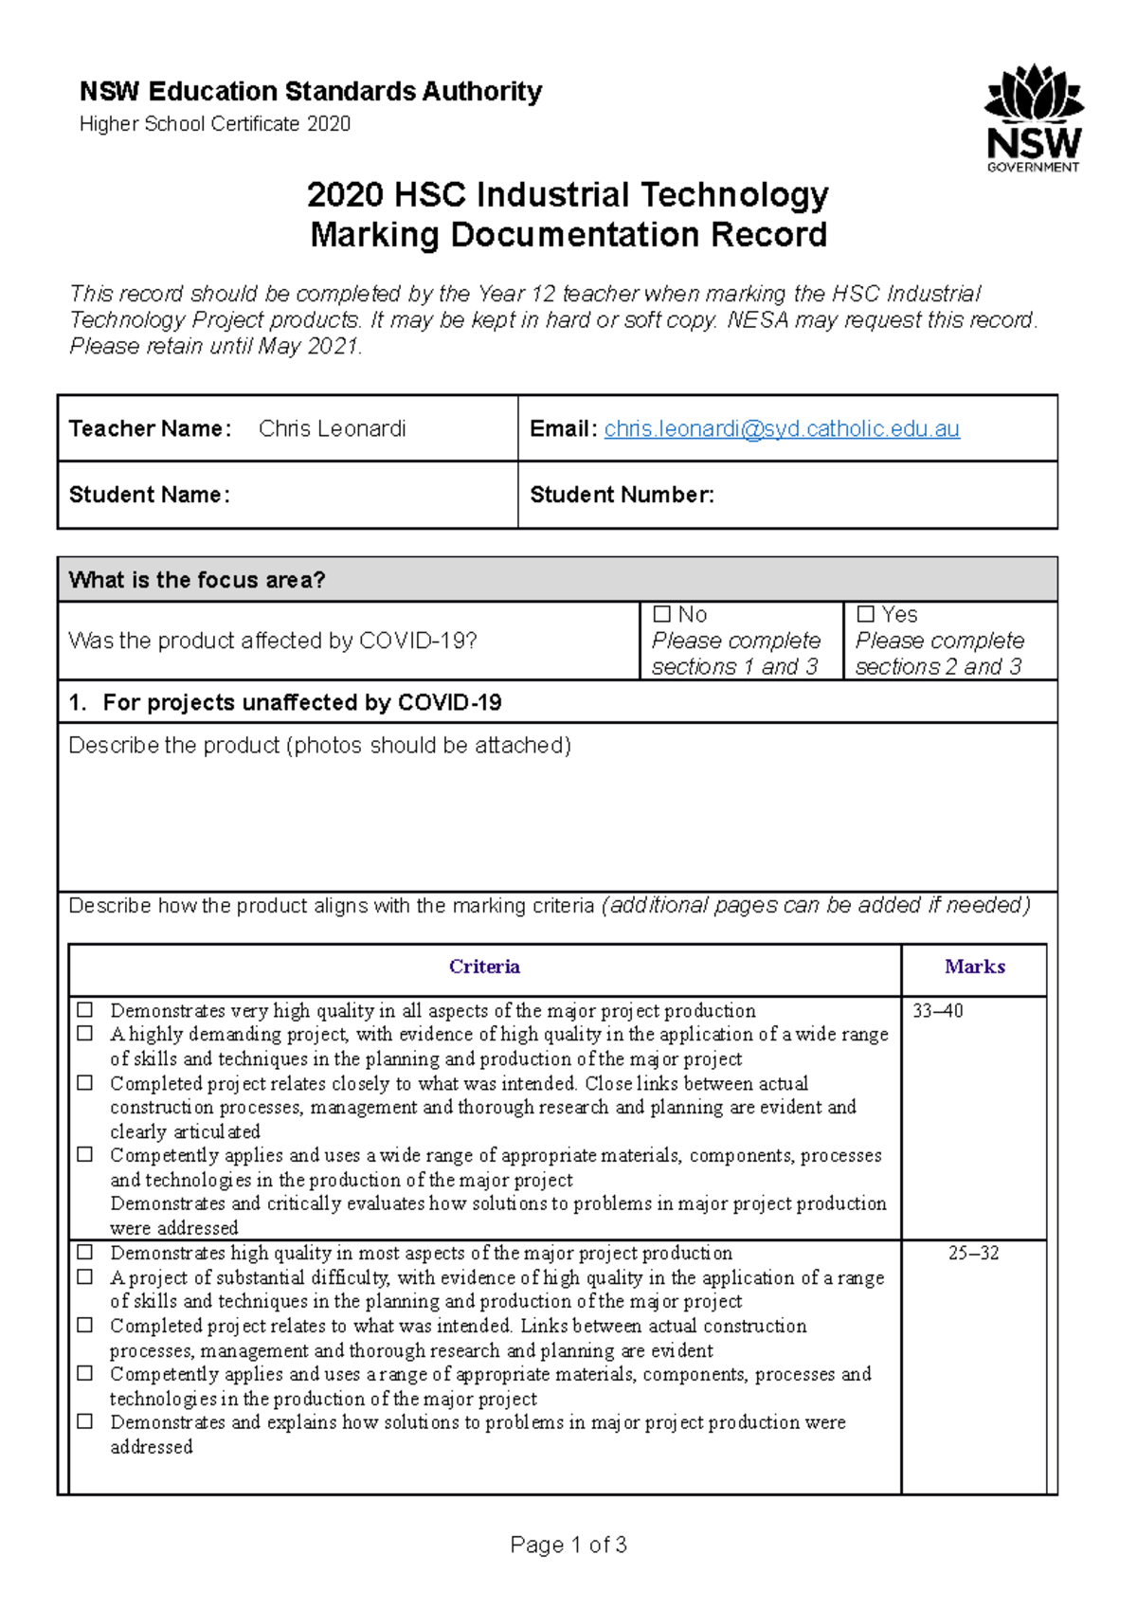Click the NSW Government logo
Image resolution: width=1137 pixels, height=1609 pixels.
[x=1034, y=118]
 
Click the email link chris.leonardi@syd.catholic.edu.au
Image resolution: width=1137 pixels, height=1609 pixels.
[x=782, y=429]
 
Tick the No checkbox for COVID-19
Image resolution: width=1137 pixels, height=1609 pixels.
[x=662, y=614]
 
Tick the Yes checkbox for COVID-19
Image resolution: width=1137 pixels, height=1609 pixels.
[x=865, y=614]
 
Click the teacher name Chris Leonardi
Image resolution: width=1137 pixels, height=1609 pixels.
[x=332, y=429]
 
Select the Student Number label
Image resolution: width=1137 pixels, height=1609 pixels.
[x=622, y=495]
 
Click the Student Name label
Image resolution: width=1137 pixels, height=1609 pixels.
[x=149, y=495]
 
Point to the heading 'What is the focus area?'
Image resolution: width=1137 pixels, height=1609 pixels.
[x=197, y=580]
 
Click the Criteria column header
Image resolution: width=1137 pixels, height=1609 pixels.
[x=484, y=967]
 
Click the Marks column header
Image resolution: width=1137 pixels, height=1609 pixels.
[x=974, y=967]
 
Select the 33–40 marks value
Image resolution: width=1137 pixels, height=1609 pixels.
[x=937, y=1011]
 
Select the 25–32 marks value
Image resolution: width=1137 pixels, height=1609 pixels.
[x=973, y=1253]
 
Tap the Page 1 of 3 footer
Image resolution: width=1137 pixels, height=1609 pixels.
[x=568, y=1546]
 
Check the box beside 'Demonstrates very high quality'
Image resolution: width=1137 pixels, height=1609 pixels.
[x=85, y=1010]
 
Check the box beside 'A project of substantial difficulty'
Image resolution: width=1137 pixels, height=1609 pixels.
[x=85, y=1277]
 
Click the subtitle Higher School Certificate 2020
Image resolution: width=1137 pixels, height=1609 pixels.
[x=215, y=124]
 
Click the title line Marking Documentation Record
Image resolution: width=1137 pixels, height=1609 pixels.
[x=568, y=235]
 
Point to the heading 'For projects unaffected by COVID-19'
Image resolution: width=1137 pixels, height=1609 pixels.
[x=301, y=702]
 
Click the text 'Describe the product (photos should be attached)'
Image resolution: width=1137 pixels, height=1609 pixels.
[x=319, y=746]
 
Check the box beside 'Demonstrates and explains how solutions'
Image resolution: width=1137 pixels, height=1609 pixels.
[x=85, y=1421]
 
